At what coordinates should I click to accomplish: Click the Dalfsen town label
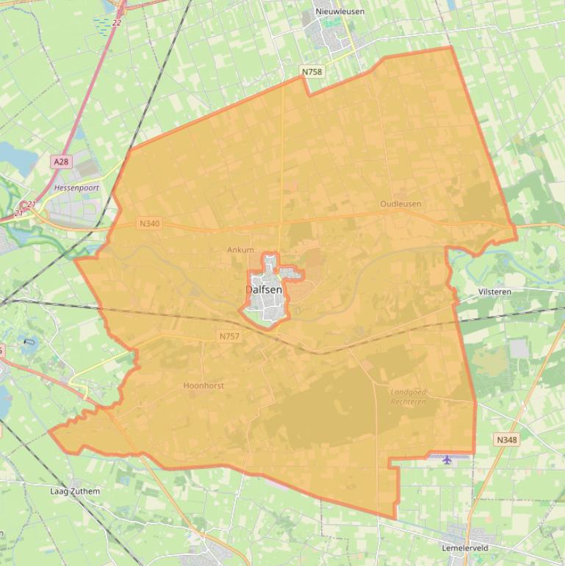264,290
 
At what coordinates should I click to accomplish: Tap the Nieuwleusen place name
339,12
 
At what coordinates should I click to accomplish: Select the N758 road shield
312,72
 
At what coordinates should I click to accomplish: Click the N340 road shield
149,223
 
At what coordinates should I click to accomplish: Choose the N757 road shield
229,336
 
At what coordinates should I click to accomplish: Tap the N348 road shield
506,440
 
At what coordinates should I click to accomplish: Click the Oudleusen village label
400,204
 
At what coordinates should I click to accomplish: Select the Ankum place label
240,250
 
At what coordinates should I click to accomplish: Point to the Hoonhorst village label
204,385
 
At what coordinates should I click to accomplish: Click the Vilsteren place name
494,292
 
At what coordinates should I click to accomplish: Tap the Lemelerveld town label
465,548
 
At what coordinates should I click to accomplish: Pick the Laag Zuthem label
75,491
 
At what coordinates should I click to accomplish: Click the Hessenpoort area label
76,188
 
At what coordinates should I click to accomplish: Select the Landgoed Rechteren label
408,397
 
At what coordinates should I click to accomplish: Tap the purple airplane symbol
447,459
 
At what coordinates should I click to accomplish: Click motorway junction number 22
117,23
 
